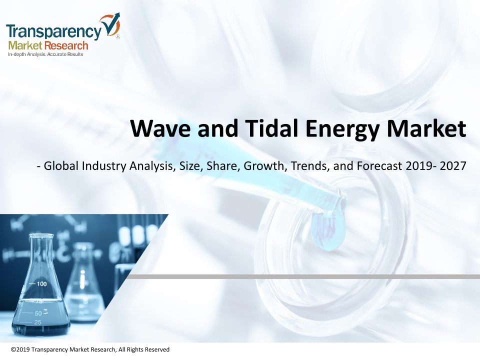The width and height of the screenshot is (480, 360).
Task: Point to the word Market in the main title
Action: point(426,128)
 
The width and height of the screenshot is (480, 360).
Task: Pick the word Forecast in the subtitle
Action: point(379,166)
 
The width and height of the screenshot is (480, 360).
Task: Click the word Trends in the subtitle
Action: point(310,166)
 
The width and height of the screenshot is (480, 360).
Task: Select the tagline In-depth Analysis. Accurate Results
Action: point(45,54)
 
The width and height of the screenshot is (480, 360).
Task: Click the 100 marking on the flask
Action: point(41,284)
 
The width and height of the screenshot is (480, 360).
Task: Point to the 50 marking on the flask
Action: point(38,313)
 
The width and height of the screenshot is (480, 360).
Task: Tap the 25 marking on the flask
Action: point(37,322)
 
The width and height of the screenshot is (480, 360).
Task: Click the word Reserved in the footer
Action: point(157,349)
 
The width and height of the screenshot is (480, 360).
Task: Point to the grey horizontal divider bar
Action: point(302,276)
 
